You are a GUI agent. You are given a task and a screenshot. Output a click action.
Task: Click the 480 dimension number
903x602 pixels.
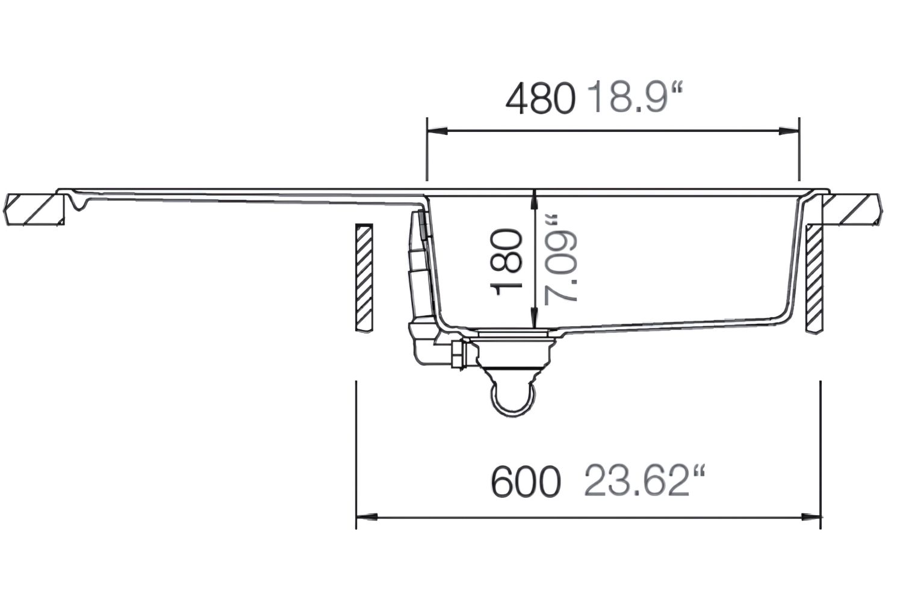tap(540, 99)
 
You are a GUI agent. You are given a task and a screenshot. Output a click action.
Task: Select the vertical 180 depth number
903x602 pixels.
tap(506, 262)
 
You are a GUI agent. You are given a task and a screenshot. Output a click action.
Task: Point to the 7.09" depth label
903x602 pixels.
tap(560, 259)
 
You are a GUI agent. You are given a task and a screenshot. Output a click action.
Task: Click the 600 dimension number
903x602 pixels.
tap(526, 482)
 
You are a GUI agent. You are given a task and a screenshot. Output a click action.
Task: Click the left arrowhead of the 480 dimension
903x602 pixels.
tap(437, 131)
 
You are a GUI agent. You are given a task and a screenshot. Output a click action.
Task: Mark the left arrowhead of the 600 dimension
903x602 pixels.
tap(366, 517)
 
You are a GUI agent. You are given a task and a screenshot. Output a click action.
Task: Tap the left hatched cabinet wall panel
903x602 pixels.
tap(364, 278)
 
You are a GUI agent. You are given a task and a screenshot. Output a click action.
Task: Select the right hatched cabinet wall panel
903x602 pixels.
tap(813, 279)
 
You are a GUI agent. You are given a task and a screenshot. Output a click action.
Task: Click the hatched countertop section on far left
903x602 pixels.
tap(33, 209)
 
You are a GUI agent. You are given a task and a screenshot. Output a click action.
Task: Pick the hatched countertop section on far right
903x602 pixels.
tap(855, 209)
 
